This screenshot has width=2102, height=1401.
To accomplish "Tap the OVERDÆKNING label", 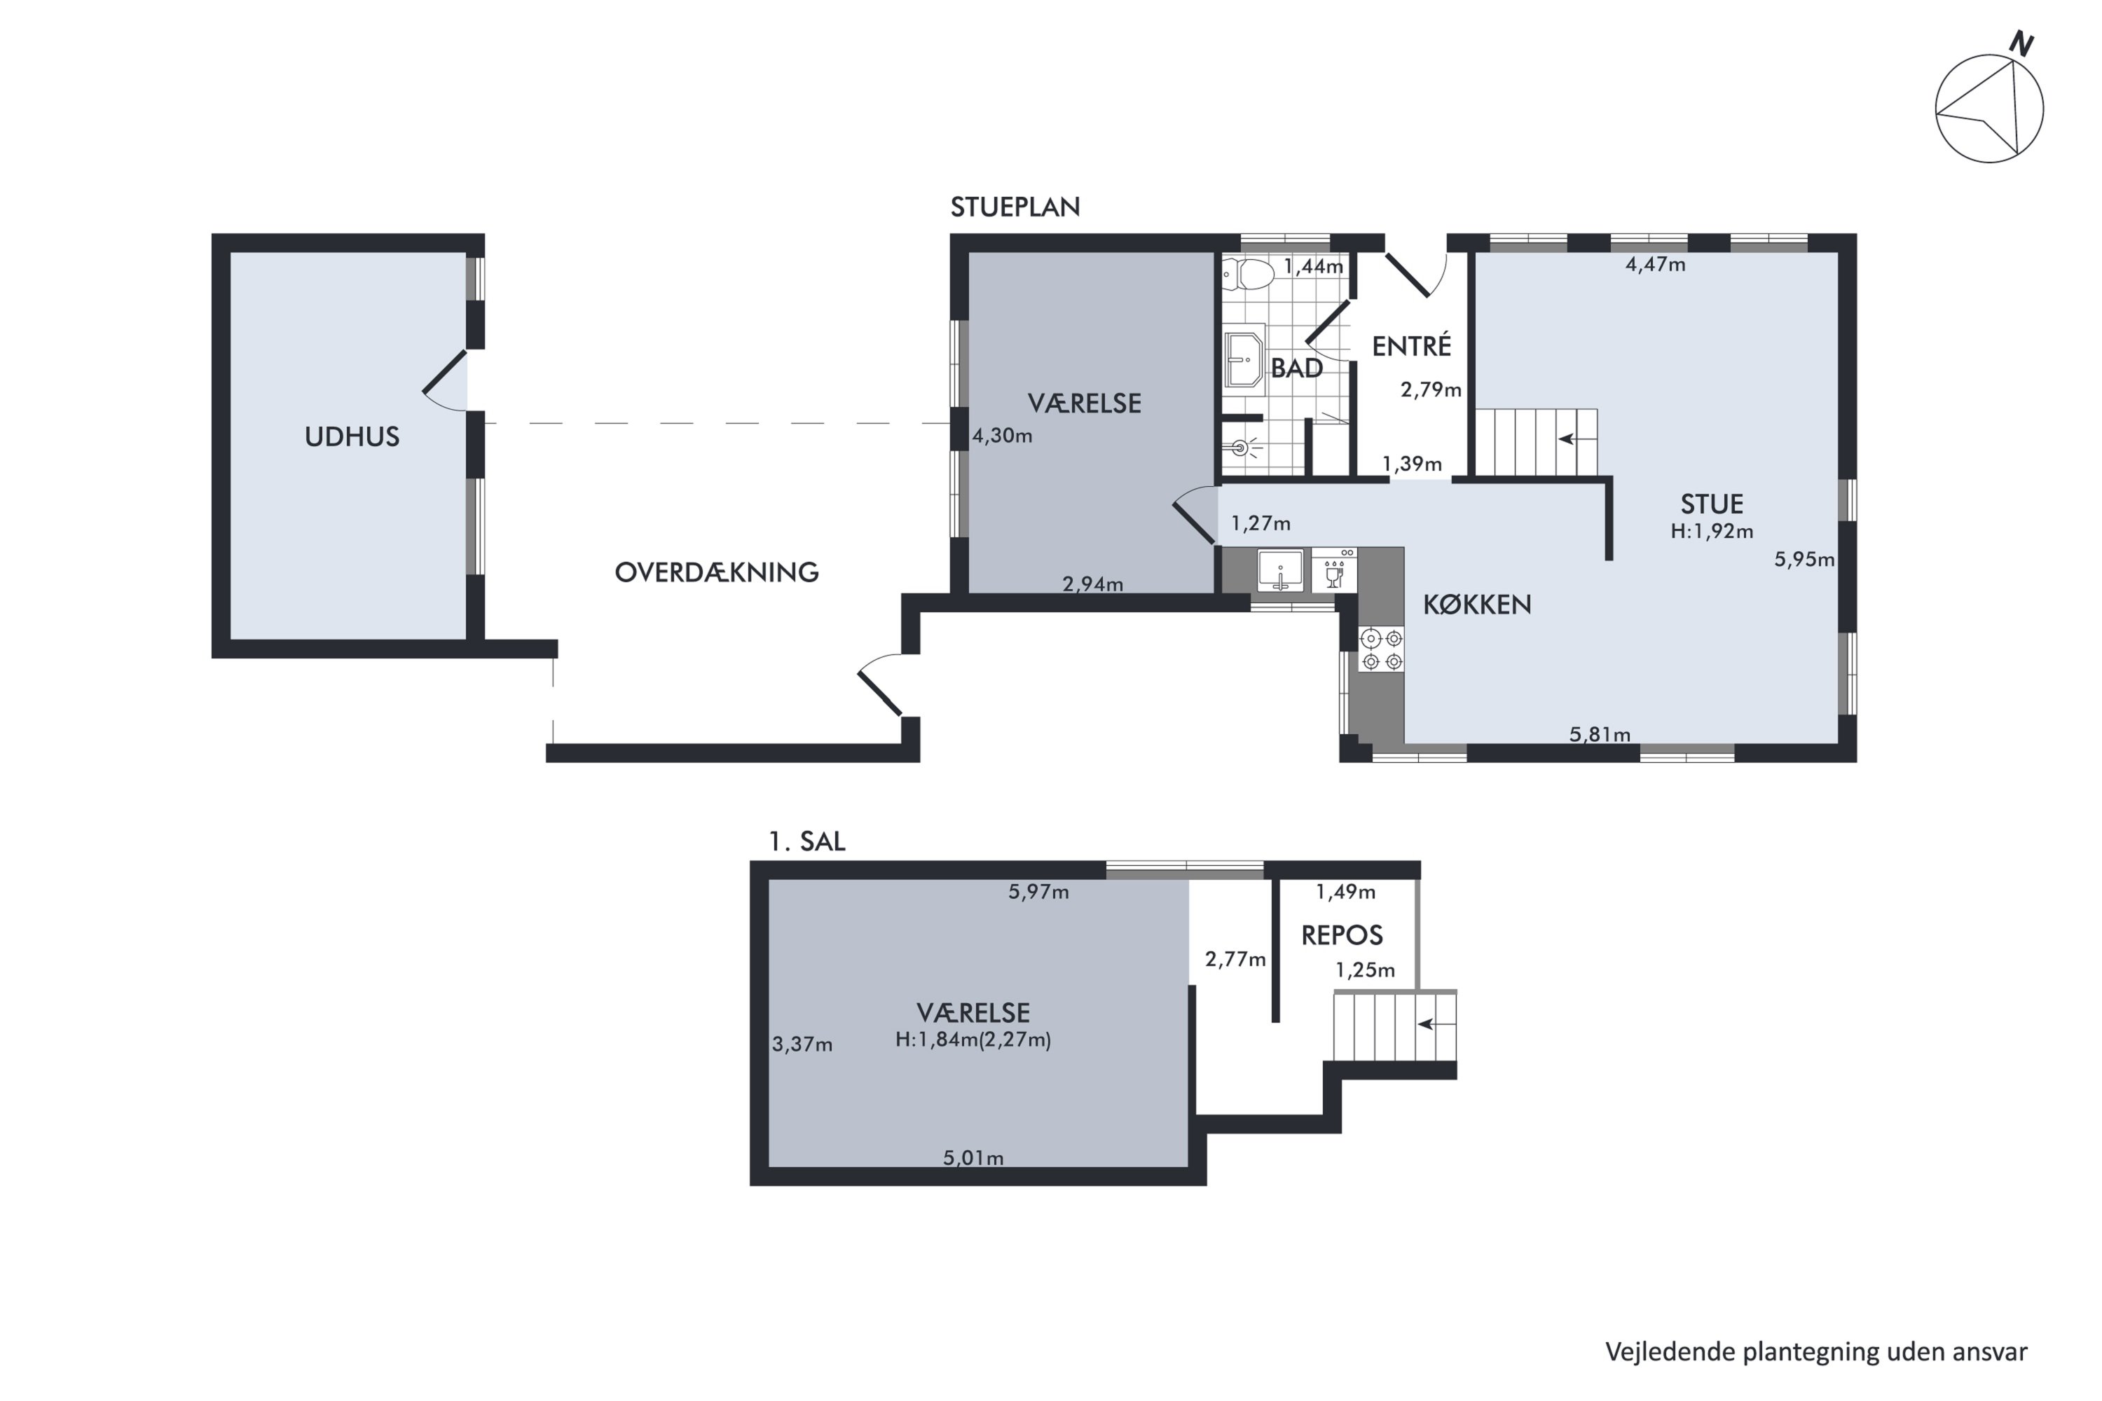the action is point(717,572).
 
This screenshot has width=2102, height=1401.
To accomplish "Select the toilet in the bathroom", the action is point(1249,275).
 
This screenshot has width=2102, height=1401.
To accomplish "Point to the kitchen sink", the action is point(1280,571).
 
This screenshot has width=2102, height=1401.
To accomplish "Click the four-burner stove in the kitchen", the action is point(1381,649).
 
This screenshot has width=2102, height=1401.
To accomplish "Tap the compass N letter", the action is point(2021,43).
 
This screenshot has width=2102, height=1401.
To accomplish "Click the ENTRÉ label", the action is point(1411,346).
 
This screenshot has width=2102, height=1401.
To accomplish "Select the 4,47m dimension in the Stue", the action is point(1655,265).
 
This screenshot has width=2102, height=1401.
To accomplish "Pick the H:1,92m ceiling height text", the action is point(1712,532).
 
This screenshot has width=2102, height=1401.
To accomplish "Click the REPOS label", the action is point(1342,935).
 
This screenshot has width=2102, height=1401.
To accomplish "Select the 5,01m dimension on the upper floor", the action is point(973,1158).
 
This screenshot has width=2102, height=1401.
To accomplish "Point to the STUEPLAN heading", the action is point(1015,207).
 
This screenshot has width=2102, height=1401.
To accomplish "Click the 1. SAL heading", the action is point(807,842).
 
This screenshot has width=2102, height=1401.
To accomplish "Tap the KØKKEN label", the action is point(1476,605).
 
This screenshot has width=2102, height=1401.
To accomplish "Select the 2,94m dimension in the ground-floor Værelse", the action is point(1092,584).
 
